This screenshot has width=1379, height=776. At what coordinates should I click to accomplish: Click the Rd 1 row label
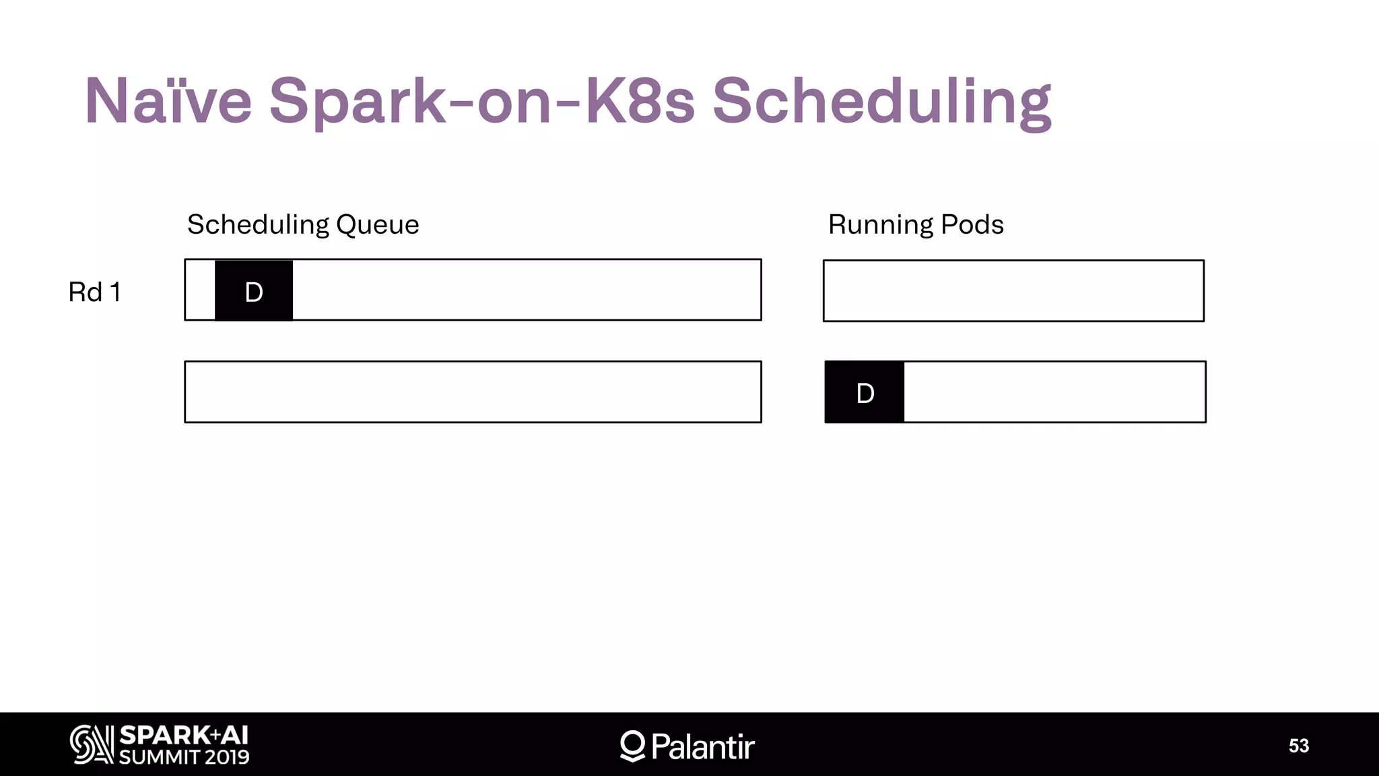(x=94, y=292)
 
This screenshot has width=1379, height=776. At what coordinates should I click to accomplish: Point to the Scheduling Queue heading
(x=303, y=224)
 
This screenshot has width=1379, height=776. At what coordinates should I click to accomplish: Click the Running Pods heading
(x=916, y=224)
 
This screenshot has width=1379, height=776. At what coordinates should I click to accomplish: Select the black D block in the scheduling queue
(x=254, y=290)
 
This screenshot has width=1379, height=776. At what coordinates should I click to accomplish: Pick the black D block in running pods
(x=865, y=392)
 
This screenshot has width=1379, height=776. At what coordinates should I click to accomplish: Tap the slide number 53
(x=1299, y=746)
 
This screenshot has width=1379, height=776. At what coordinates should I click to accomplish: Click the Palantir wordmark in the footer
(x=703, y=746)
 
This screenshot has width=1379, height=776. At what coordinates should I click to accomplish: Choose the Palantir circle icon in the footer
(x=632, y=746)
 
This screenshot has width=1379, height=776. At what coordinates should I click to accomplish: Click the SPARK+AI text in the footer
(x=184, y=735)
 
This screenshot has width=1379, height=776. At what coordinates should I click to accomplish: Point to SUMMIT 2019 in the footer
(x=184, y=757)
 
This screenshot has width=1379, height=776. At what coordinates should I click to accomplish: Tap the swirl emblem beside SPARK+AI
(x=92, y=744)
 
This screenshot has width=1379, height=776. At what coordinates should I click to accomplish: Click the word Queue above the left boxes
(x=377, y=224)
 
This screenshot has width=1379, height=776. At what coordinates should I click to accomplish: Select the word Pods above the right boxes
(x=972, y=224)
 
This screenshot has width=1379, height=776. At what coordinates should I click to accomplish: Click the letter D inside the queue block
(x=254, y=292)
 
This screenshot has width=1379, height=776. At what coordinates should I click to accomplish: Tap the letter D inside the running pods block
(x=865, y=393)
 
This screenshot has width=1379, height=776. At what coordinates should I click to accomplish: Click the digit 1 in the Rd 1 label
(x=116, y=292)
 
